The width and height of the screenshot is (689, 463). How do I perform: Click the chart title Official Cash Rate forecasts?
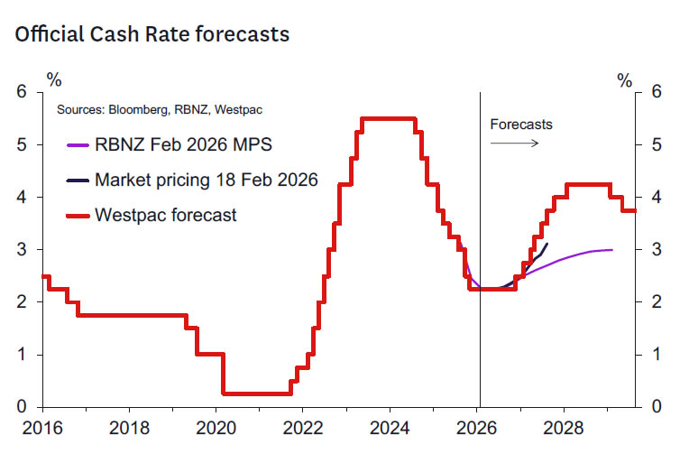[x=152, y=35]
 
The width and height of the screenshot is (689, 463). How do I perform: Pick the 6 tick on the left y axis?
[x=22, y=92]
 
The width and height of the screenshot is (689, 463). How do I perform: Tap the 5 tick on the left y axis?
[x=22, y=144]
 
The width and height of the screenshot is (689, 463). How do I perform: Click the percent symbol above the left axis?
[x=55, y=80]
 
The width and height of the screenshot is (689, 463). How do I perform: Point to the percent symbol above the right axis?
[x=625, y=80]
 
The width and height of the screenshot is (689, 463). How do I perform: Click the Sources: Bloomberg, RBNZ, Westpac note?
[x=166, y=110]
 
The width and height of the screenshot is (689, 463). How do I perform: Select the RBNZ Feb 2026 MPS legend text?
[x=183, y=144]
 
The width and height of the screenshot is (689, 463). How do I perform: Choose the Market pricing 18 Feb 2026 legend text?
[x=207, y=180]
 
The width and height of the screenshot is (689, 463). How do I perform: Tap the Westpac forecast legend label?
[x=166, y=215]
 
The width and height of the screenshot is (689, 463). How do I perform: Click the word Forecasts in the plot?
[x=521, y=125]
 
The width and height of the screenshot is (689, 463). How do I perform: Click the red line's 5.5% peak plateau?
[x=388, y=118]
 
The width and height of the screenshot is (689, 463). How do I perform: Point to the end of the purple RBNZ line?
[x=613, y=249]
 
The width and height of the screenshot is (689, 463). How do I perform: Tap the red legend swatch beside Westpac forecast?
[x=78, y=215]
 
